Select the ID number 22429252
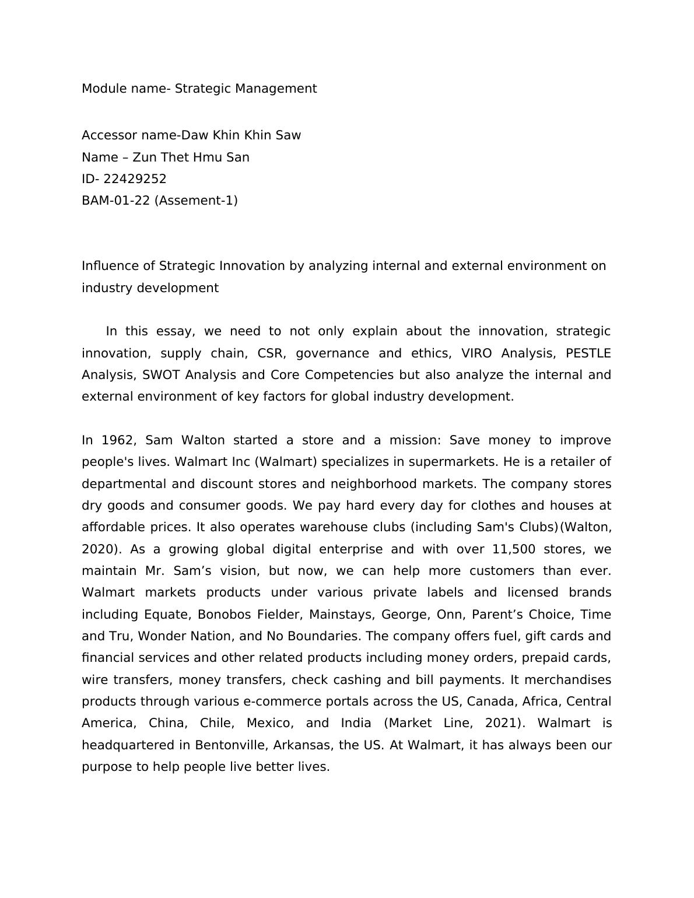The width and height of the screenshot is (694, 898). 135,179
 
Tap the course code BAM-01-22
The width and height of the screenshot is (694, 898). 116,201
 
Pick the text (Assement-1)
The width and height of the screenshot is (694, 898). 196,201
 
